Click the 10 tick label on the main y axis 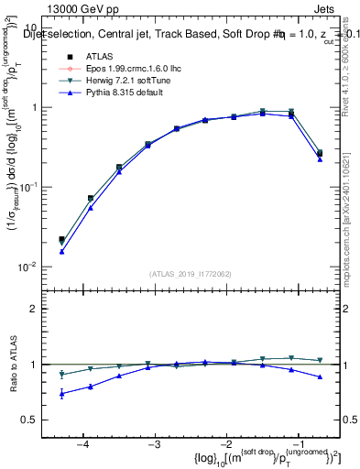pos(28,28)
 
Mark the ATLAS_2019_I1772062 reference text pos(190,274)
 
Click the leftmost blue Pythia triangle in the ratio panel pos(61,394)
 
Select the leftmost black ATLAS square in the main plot pos(61,239)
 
